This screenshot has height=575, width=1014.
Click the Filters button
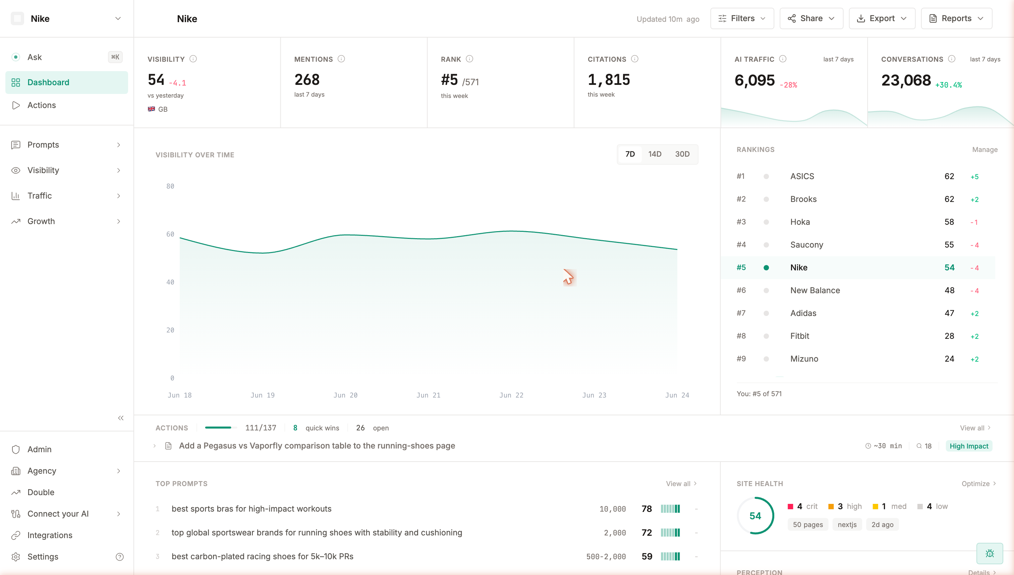[x=742, y=18]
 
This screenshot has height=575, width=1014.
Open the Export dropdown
[x=882, y=18]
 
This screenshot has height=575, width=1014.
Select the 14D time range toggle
[x=655, y=154]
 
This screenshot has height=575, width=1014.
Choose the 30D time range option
[x=682, y=154]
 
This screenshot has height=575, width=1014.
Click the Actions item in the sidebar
[x=42, y=105]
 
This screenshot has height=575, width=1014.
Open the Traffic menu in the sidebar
[x=40, y=196]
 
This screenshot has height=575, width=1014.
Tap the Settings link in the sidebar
[x=43, y=557]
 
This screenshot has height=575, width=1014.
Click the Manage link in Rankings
[x=985, y=150]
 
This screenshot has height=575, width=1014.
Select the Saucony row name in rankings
[x=806, y=245]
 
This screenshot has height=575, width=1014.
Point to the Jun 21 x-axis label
[x=428, y=395]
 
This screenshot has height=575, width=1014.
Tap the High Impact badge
[x=969, y=446]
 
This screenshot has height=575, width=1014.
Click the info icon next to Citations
[x=635, y=59]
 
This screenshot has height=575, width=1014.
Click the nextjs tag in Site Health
[x=847, y=525]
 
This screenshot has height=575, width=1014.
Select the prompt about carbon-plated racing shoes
[x=263, y=557]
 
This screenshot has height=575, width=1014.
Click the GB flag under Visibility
[x=151, y=109]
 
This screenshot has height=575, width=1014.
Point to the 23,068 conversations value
[x=906, y=81]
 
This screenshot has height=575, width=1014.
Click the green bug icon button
[x=990, y=554]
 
